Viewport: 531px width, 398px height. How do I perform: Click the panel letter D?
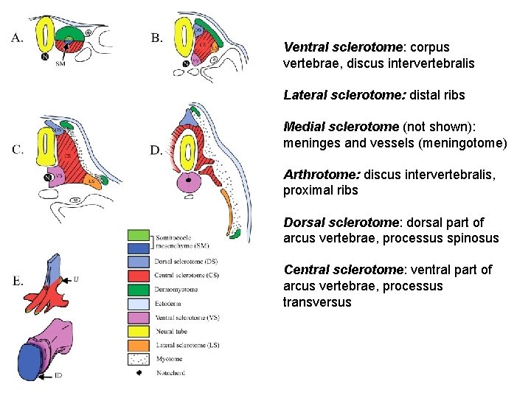156,150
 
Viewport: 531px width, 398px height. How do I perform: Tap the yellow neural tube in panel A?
48,35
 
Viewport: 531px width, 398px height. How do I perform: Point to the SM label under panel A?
60,65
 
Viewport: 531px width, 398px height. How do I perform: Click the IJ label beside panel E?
76,279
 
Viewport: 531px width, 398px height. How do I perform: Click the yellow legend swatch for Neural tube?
139,329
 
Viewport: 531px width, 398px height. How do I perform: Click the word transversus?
317,302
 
